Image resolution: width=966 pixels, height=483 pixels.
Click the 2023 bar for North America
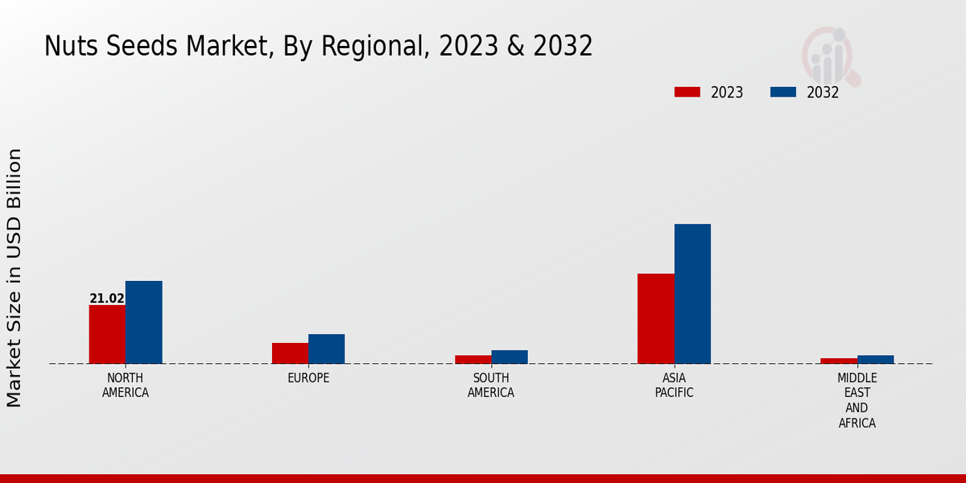pos(107,334)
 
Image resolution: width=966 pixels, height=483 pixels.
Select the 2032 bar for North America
pos(143,322)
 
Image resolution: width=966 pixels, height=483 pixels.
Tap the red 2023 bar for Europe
pos(290,353)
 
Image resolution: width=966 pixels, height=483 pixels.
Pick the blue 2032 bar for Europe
pos(326,349)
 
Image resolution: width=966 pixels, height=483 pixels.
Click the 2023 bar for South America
pos(473,359)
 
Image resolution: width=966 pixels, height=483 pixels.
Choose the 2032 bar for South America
pos(510,357)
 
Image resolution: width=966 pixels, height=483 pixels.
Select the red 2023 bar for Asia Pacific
pos(655,319)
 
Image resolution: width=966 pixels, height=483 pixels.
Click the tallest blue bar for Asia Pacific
pos(692,294)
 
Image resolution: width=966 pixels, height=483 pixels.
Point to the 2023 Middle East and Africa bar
pos(839,361)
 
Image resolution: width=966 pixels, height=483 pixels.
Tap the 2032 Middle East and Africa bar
pos(875,359)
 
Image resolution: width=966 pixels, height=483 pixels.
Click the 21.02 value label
pos(107,299)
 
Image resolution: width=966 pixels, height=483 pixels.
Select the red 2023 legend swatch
pos(687,92)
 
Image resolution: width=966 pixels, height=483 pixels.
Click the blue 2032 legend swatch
pos(782,92)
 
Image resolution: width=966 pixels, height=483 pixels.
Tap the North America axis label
pos(126,386)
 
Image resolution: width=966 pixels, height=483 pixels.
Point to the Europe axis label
pos(308,378)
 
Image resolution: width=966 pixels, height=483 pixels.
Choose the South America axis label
pos(491,386)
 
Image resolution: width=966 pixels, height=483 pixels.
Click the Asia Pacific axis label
pos(674,386)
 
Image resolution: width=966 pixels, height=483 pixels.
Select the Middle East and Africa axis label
pos(857,400)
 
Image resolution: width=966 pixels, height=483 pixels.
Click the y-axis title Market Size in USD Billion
pos(14,278)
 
